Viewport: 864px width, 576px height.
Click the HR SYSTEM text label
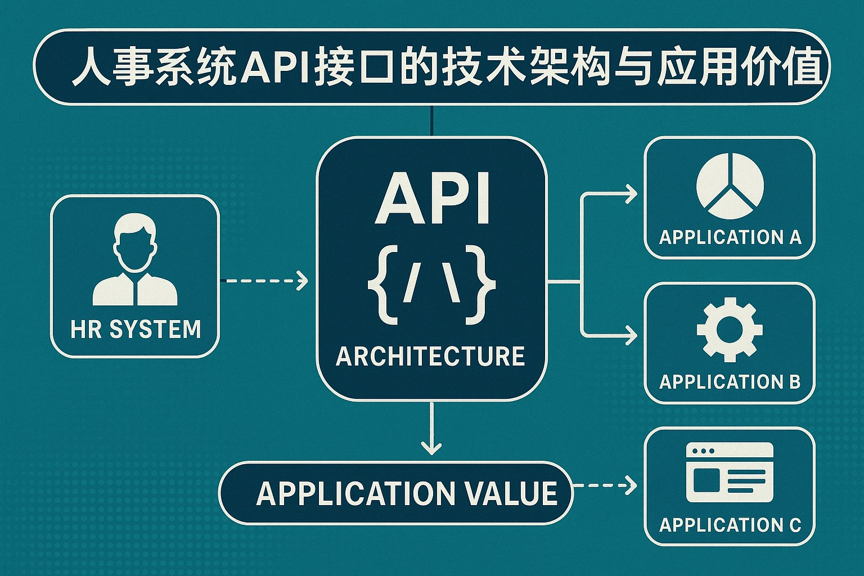[136, 329]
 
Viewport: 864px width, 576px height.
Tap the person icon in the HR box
[135, 259]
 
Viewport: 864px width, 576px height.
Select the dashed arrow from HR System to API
[264, 280]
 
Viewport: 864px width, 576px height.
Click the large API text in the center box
[432, 198]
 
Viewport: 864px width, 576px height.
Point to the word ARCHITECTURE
[430, 356]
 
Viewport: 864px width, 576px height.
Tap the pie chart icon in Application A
[730, 186]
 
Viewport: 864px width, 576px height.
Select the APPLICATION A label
[730, 237]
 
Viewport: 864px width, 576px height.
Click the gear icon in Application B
[730, 329]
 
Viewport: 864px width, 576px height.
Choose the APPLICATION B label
[730, 382]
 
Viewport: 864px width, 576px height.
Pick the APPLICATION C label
[730, 525]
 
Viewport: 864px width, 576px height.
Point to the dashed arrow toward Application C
[605, 485]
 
